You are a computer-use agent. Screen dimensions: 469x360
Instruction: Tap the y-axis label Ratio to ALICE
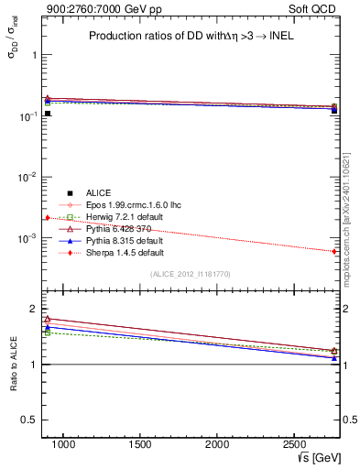pyautogui.click(x=13, y=365)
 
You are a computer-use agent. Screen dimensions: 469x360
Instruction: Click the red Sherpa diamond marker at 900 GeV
pyautogui.click(x=47, y=217)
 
